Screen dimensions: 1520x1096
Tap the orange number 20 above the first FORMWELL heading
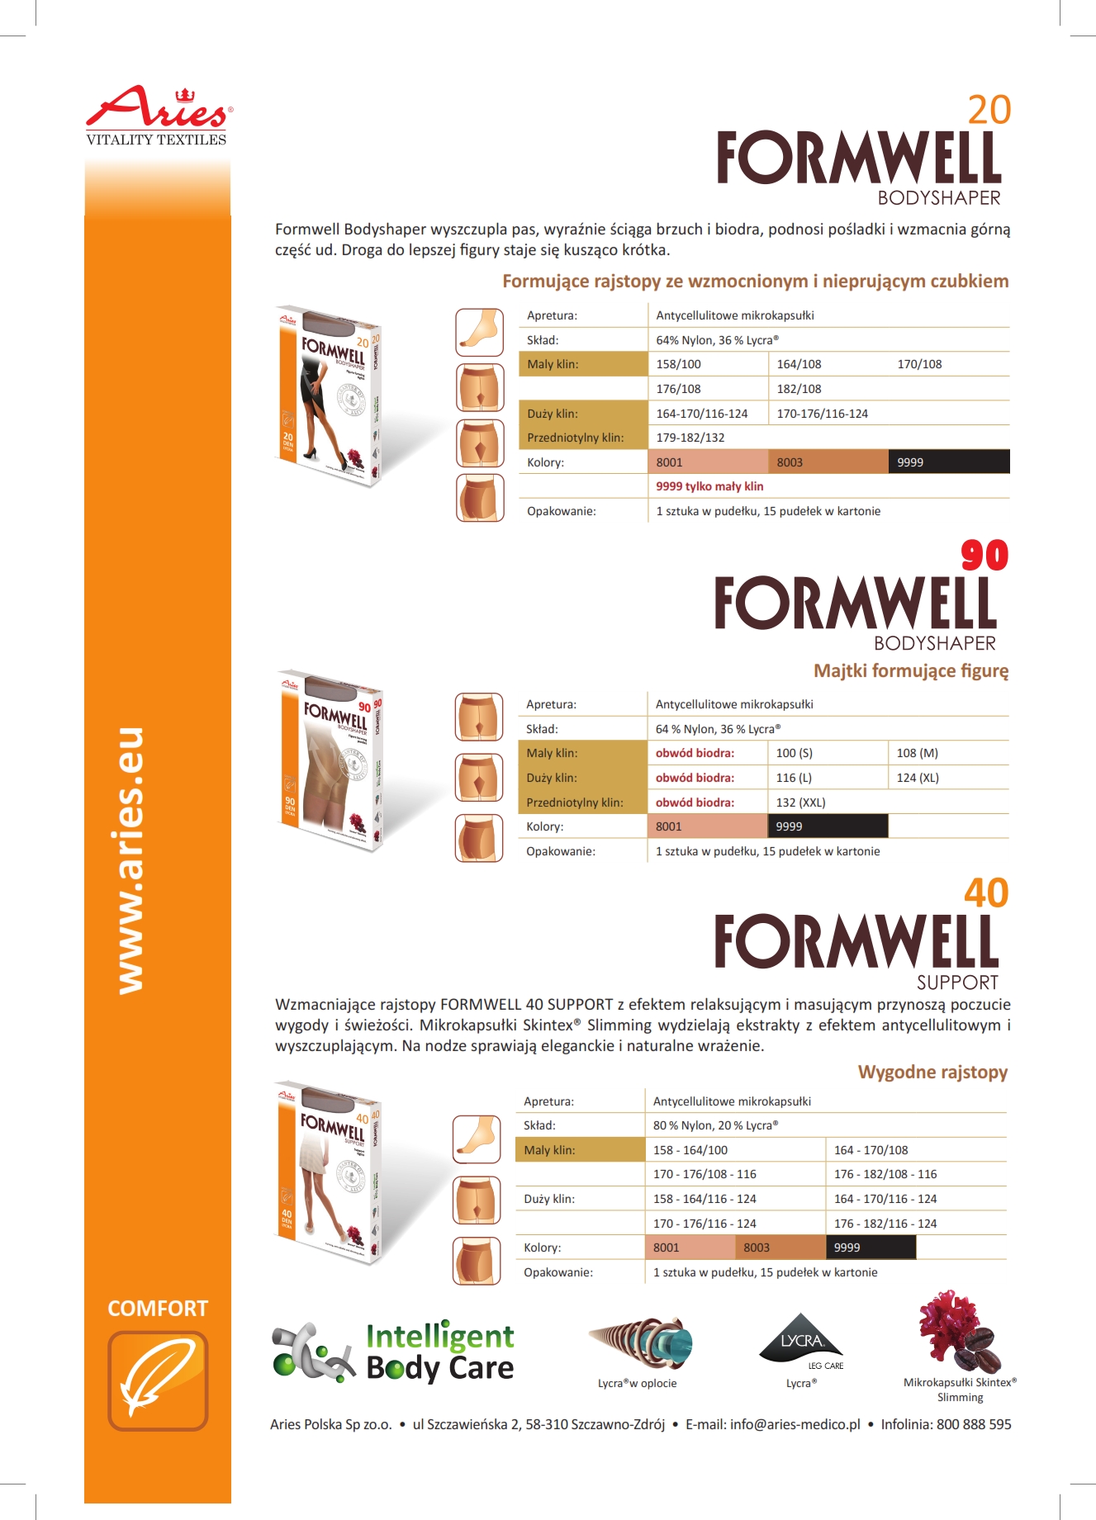989,111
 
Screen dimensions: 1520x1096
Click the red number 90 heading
985,556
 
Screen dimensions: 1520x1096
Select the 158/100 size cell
678,364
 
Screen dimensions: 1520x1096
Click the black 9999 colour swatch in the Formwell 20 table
948,462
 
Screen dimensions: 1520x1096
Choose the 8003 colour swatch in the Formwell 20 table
828,462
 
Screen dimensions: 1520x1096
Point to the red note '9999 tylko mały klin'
709,486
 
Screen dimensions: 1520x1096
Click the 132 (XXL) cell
800,803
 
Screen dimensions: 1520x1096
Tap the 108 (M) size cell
917,753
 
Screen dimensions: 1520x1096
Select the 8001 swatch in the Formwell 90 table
707,826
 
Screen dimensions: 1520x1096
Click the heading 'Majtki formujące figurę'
911,670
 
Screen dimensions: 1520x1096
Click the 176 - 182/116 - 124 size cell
885,1224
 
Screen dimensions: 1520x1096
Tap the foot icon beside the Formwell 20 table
479,332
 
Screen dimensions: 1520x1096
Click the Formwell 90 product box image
331,760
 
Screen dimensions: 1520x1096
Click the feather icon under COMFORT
158,1380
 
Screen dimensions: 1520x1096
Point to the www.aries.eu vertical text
130,860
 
